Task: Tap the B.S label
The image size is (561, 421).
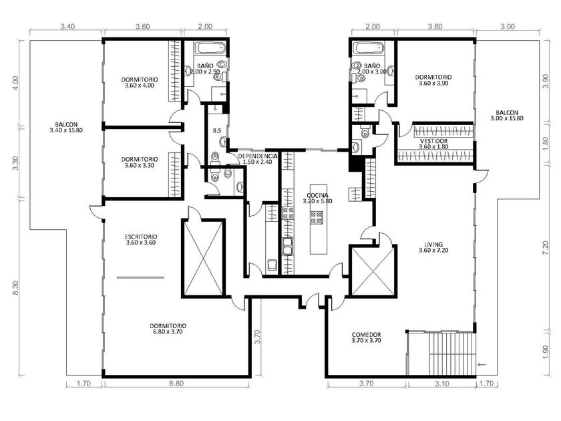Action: pos(217,131)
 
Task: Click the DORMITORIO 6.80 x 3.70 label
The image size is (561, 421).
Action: pos(168,329)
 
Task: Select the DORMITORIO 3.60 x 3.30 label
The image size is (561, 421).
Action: pos(140,162)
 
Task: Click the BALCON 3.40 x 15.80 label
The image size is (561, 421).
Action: pos(66,128)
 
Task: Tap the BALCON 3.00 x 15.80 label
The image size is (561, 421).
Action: pos(507,115)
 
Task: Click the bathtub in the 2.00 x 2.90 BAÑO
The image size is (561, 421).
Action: pos(210,48)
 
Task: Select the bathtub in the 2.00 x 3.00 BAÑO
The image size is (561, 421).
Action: pos(369,47)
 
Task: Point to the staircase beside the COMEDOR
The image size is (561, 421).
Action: pos(442,354)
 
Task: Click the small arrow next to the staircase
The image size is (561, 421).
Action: pos(482,364)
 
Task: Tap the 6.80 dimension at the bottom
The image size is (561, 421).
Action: pos(176,384)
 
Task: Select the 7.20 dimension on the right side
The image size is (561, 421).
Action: pos(545,248)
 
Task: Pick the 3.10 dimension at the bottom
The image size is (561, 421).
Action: pos(442,384)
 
